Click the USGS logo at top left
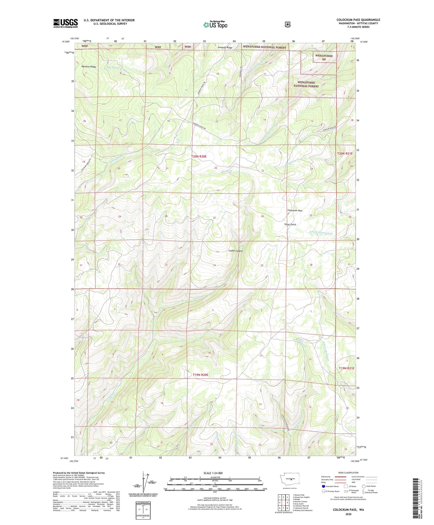tap(65, 23)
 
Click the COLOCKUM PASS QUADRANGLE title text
tap(358, 20)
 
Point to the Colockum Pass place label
tap(295, 211)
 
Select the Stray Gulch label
tap(290, 224)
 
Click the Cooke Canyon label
tap(236, 251)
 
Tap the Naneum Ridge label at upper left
tap(89, 67)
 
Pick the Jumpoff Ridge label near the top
tap(225, 47)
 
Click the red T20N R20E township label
tap(199, 156)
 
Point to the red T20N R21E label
tap(345, 153)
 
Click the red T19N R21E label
tap(346, 368)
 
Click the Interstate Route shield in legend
tap(323, 486)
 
